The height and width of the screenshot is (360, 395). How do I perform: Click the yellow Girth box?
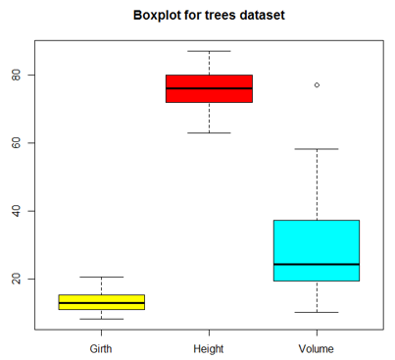pos(102,302)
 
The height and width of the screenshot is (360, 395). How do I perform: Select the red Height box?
pos(209,88)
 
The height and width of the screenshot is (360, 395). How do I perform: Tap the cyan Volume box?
pos(316,250)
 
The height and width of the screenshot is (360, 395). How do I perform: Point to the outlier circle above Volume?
pos(316,85)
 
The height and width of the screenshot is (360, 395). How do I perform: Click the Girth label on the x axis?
pos(102,347)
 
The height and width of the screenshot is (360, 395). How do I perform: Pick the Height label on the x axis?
pos(209,347)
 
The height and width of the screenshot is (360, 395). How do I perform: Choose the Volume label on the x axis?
pos(316,347)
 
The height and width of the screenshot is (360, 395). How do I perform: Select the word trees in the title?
pos(223,17)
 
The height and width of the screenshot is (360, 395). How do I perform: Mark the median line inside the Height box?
pos(209,88)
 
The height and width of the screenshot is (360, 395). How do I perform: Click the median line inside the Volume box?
pos(316,265)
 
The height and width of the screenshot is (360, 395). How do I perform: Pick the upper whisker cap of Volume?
pos(316,149)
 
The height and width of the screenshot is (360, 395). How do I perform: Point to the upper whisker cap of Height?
pos(209,51)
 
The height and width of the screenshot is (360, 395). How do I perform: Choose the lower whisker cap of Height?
pos(209,132)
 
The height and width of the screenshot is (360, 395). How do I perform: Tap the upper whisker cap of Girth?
pos(102,278)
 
